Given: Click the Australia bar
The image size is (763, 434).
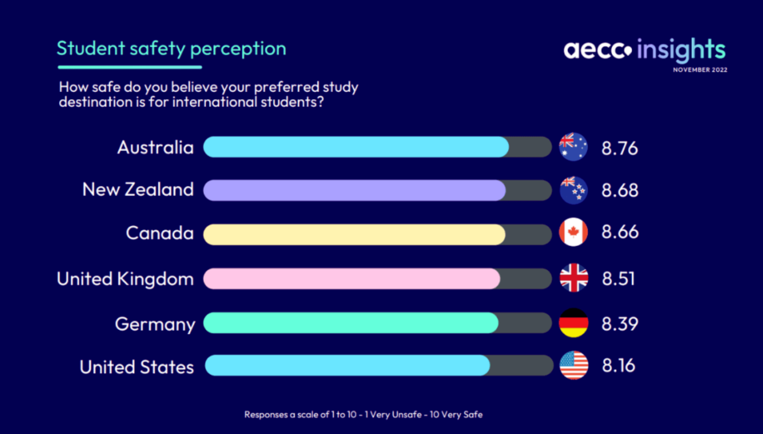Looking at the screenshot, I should coord(356,147).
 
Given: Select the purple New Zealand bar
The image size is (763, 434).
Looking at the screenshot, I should coord(355,190).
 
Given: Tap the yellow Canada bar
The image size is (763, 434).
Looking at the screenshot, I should coord(355,234).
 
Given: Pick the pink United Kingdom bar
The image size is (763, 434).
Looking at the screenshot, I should coord(352,278).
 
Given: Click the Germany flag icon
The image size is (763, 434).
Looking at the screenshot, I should coord(573,323).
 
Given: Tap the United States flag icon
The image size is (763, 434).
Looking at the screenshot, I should coord(574,366).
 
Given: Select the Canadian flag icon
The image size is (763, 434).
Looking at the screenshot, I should coord(573,232).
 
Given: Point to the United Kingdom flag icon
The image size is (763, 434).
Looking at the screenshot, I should coord(574,278).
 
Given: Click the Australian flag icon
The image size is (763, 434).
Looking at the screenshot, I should coord(573,147).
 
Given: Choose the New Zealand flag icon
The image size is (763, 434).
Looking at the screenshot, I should coord(573,190).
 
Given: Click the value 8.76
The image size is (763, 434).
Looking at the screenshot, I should coord(619,149).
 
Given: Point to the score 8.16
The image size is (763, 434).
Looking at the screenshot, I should coord(618,366).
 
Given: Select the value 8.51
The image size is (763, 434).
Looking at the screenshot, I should coord(618,278).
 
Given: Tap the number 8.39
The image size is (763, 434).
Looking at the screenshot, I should coord(619,324).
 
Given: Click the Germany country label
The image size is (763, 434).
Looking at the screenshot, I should coord(155,324).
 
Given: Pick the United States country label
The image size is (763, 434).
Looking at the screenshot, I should coord(136,367).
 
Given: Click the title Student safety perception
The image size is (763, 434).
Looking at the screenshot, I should coord(171,48).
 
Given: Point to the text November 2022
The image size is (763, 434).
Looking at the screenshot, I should coord(700,70).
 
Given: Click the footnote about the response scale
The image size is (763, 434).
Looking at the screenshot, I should coord(363,415).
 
